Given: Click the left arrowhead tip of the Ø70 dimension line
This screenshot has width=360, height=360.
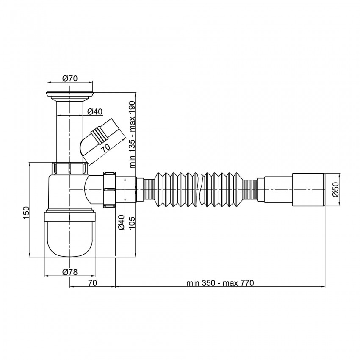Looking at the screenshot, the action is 47,82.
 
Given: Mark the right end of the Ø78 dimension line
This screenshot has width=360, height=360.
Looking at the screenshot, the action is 95,276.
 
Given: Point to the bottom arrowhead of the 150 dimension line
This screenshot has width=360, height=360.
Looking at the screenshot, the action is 30,257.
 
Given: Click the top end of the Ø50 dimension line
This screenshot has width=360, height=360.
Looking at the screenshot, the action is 339,174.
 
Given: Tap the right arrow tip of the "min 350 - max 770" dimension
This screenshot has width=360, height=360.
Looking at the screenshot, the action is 325,286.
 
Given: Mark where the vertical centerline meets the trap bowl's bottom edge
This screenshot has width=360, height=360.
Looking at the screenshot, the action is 69,256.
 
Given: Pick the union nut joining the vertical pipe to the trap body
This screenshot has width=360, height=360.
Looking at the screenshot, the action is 70,168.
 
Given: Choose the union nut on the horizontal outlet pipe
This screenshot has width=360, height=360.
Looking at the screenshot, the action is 110,190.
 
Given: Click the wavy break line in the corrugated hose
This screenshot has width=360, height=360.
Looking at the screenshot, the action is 201,190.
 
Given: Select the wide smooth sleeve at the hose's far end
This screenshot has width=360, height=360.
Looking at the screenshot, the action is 309,190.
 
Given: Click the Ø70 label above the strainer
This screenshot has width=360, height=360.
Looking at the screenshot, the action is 70,78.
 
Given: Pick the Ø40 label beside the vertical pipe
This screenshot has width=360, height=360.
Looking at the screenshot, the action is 95,111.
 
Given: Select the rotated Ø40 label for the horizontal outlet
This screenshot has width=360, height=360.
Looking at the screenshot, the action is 121,222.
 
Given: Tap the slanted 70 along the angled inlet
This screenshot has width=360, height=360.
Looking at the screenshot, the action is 106,149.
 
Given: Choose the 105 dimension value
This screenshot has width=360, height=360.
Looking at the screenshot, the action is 132,223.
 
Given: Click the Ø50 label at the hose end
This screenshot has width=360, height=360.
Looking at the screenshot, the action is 335,189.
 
